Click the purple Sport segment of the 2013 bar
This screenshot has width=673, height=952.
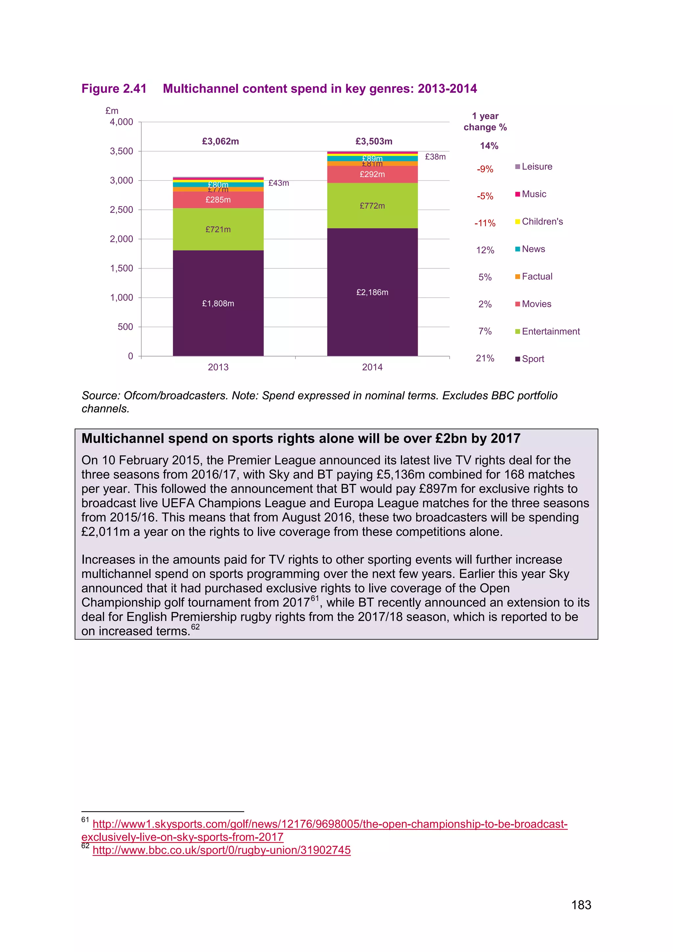(x=218, y=303)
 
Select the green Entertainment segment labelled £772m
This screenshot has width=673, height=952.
(x=372, y=206)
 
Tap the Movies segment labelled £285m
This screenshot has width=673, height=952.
(x=218, y=200)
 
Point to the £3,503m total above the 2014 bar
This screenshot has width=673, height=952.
(x=374, y=141)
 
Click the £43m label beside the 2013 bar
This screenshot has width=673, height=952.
(x=278, y=183)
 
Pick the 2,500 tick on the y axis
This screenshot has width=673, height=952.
(x=121, y=210)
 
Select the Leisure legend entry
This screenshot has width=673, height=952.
(x=537, y=167)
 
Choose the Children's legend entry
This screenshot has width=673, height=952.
(x=542, y=222)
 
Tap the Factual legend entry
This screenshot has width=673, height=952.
(x=537, y=276)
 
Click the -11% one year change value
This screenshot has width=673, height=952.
(x=485, y=223)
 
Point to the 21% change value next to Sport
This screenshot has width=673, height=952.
(x=485, y=358)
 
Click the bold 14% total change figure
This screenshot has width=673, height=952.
(x=489, y=146)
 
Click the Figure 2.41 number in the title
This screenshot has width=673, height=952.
(x=114, y=89)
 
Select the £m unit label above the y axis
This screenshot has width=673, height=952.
(x=112, y=111)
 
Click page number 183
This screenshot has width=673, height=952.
(x=581, y=905)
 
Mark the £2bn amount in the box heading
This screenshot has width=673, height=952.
(x=451, y=439)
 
